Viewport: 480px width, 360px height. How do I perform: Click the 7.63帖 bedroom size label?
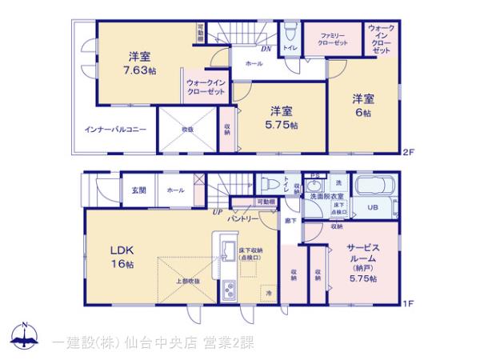(141, 70)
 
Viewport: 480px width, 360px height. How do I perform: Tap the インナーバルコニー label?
(115, 128)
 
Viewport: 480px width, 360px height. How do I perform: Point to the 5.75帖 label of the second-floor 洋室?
(282, 125)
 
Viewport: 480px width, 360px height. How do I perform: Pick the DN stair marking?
(266, 49)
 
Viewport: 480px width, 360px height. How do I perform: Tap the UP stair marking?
(217, 212)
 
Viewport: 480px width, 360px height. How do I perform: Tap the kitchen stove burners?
(226, 290)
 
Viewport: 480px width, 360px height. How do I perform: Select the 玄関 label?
(138, 190)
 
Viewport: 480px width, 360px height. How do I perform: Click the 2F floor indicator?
(408, 152)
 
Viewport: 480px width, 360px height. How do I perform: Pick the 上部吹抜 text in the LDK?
(188, 282)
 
